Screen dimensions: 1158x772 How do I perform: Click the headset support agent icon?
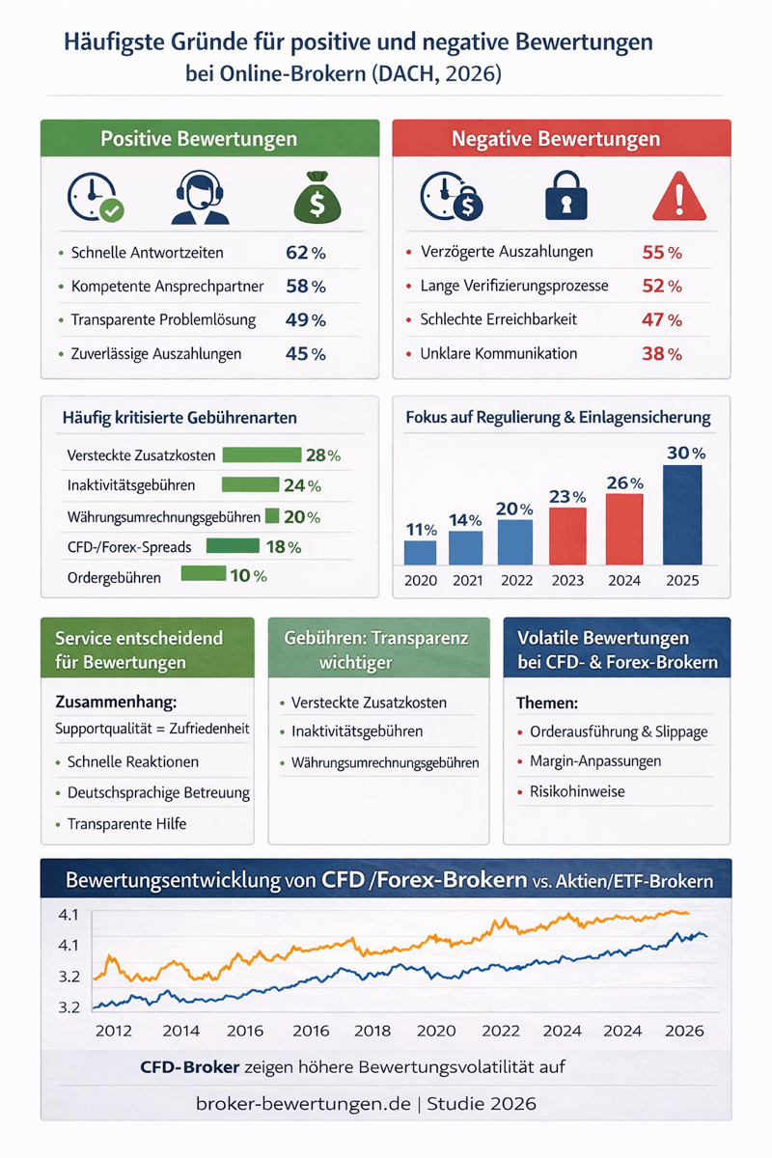(201, 200)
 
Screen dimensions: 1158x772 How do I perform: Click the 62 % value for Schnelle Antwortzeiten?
(306, 254)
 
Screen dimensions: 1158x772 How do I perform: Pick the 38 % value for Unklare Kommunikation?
(662, 354)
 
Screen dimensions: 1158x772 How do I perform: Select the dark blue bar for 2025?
(681, 514)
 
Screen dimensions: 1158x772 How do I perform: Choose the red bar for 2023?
(567, 536)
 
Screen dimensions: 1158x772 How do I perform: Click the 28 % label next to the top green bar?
(323, 455)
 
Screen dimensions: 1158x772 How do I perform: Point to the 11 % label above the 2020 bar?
(420, 530)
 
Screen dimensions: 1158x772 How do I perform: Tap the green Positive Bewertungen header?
(198, 139)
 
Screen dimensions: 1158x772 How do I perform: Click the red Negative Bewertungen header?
(562, 139)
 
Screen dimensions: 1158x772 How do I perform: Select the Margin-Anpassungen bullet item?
(595, 761)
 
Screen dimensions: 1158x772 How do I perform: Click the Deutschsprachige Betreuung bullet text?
(158, 793)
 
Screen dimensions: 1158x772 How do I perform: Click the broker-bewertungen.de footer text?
(302, 1103)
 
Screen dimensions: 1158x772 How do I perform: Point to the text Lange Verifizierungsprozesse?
(513, 287)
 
